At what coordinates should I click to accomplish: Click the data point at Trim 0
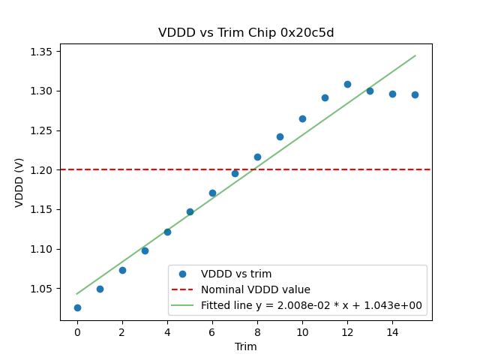77,307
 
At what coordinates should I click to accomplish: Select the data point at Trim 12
347,84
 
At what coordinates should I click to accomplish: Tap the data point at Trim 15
415,94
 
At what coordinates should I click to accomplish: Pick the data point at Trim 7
235,173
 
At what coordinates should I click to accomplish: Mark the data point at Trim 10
302,118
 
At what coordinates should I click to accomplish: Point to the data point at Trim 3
145,250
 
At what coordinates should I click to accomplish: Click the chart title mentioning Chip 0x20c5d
246,33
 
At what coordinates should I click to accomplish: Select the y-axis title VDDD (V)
19,182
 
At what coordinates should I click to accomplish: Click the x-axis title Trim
246,346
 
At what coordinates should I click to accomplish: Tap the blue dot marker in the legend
182,274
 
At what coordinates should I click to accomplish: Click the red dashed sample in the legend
182,289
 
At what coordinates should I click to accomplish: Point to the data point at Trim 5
190,211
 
